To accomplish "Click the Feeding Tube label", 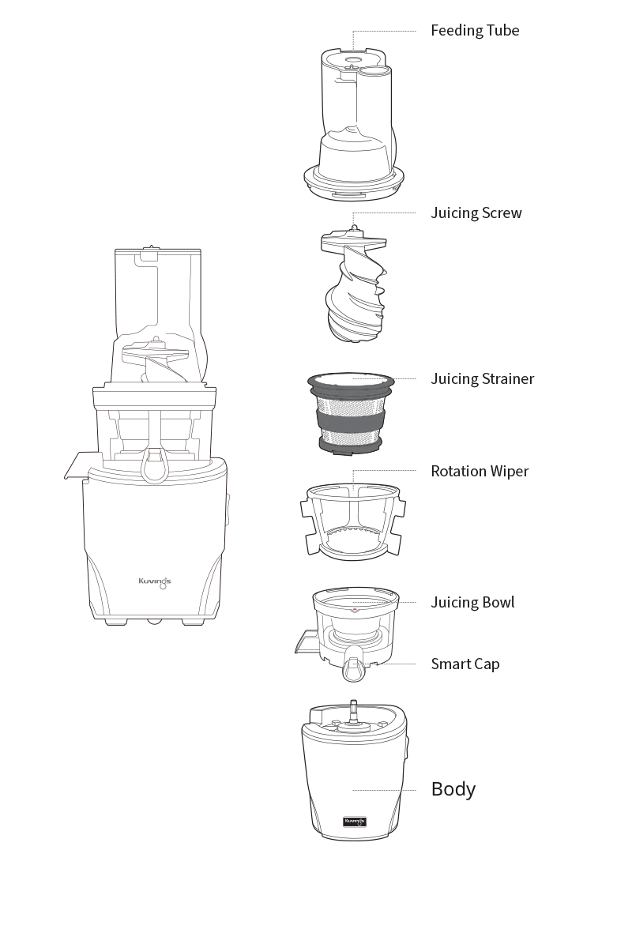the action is [x=475, y=31].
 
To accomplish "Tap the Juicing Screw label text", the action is [x=476, y=213].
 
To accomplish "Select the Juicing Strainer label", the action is [x=483, y=378].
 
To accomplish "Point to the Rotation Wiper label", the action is [x=480, y=472].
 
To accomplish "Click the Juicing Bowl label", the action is [x=473, y=602].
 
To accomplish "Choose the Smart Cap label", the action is [x=465, y=664].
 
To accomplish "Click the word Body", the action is [x=453, y=789].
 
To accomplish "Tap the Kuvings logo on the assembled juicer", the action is [x=155, y=583].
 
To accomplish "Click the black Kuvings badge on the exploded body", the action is [x=354, y=822].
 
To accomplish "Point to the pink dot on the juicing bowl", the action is [x=355, y=610].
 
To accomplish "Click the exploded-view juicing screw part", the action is [x=354, y=283].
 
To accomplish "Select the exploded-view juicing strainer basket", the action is [x=351, y=414].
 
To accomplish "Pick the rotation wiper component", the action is [x=352, y=522].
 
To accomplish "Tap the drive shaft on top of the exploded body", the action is [x=353, y=713].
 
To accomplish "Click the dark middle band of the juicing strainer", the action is [x=351, y=420].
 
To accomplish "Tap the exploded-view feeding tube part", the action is [x=354, y=124].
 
